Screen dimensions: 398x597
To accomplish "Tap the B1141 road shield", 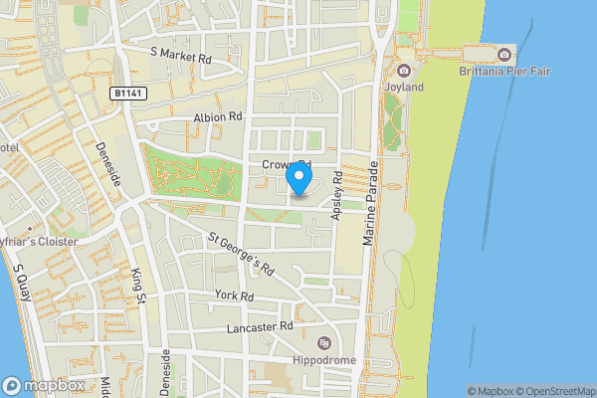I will pos(125,93).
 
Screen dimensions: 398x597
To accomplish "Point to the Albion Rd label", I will pos(218,116).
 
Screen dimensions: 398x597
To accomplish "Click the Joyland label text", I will pos(403,87).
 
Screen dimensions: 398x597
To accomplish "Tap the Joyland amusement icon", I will pos(404,70).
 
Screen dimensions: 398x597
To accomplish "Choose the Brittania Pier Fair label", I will pos(505,71).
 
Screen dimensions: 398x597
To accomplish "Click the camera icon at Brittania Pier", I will pos(505,54).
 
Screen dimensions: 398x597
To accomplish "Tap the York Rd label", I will pos(235,296).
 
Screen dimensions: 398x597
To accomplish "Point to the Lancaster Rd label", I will pos(260,325).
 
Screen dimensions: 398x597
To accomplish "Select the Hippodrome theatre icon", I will pos(322,342).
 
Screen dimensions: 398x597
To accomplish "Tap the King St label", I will pos(139,285).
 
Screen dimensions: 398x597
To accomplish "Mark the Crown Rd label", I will pos(287,164).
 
